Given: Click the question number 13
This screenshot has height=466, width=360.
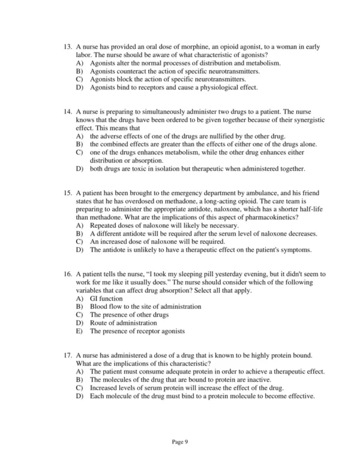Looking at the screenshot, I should pos(67,47).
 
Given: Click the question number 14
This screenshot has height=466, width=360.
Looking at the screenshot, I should pos(67,112).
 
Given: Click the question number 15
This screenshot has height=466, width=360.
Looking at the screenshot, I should pos(67,193).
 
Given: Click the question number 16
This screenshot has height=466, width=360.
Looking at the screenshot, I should pos(67,274).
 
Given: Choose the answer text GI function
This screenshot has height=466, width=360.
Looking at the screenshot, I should pos(106,298).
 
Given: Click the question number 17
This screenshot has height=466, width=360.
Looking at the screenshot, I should pos(67,355).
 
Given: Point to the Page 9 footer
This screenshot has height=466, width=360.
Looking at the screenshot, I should pos(180,441).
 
